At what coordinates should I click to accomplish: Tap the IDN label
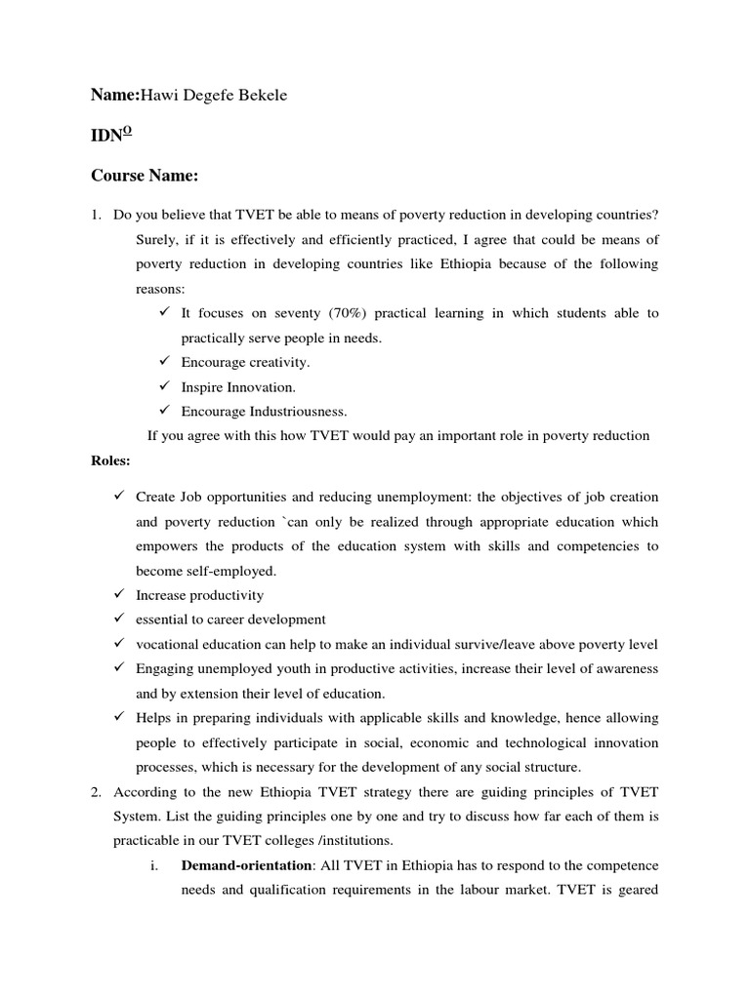110,136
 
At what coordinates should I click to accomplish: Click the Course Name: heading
145,176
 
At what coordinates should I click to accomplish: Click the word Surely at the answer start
157,240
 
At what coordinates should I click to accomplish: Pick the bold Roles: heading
109,460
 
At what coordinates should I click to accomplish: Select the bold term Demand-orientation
242,864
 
